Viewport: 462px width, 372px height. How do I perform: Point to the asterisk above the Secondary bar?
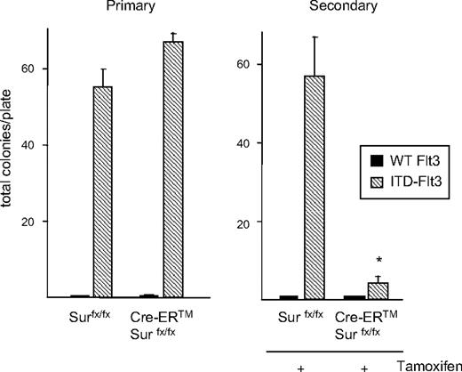coord(379,261)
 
